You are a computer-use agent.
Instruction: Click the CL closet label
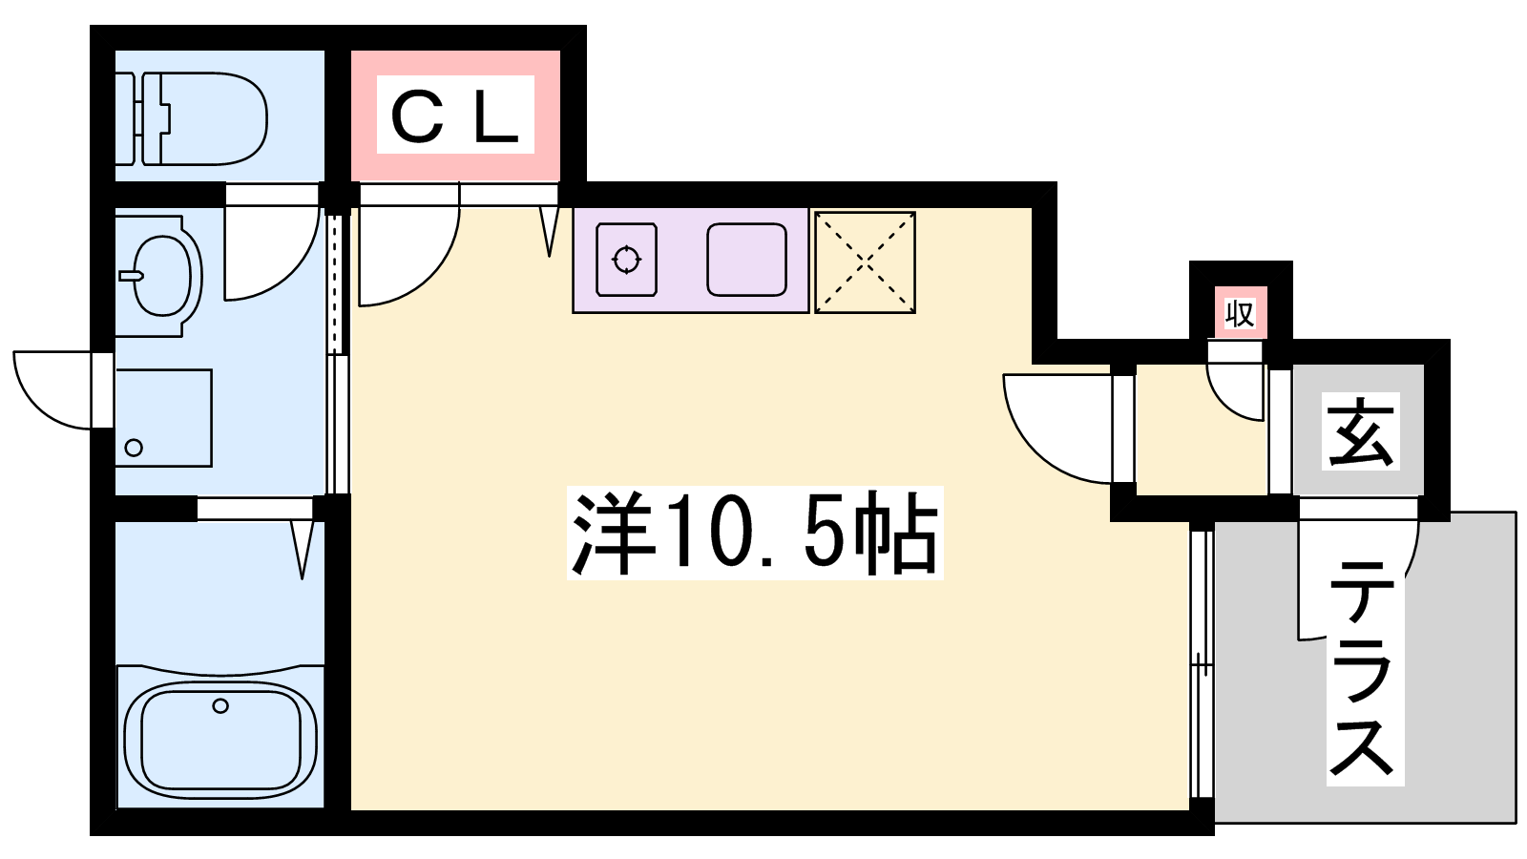click(455, 116)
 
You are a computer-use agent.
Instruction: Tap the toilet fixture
click(196, 118)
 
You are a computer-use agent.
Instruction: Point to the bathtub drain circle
click(220, 706)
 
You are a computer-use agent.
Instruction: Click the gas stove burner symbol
click(627, 260)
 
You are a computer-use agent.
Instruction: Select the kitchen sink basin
click(746, 260)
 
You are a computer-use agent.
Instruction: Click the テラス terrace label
click(1365, 668)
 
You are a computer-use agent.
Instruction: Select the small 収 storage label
click(1240, 312)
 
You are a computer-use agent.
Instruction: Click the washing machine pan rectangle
click(163, 418)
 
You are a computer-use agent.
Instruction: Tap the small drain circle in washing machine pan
click(134, 448)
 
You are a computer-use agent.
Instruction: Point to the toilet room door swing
click(272, 253)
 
